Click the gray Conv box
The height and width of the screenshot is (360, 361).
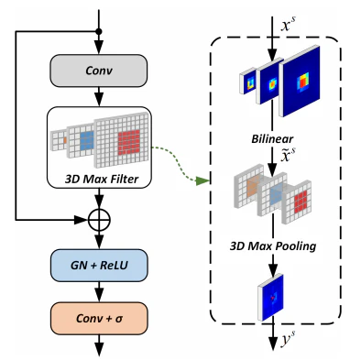(99, 71)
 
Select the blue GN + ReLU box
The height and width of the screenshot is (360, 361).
(99, 265)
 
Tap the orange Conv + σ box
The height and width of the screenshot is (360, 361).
(99, 319)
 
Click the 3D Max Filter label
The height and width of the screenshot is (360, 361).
(102, 179)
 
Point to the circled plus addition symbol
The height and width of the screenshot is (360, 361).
(99, 220)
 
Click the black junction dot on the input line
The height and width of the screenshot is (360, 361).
(99, 31)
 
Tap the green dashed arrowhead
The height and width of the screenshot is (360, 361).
(202, 180)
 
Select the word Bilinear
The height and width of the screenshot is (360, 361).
(272, 139)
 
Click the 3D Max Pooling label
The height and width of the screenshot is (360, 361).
(273, 246)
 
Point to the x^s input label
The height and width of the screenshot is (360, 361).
(288, 25)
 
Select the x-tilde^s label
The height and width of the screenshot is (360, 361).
(288, 156)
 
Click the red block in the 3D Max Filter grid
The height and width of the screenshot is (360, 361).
(129, 142)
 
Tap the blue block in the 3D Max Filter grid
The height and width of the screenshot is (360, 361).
(87, 140)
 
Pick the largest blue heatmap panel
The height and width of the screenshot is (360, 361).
(300, 82)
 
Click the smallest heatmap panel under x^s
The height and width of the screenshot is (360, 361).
(247, 81)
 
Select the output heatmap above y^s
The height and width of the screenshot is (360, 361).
(270, 298)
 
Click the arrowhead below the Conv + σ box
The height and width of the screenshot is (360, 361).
(99, 349)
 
